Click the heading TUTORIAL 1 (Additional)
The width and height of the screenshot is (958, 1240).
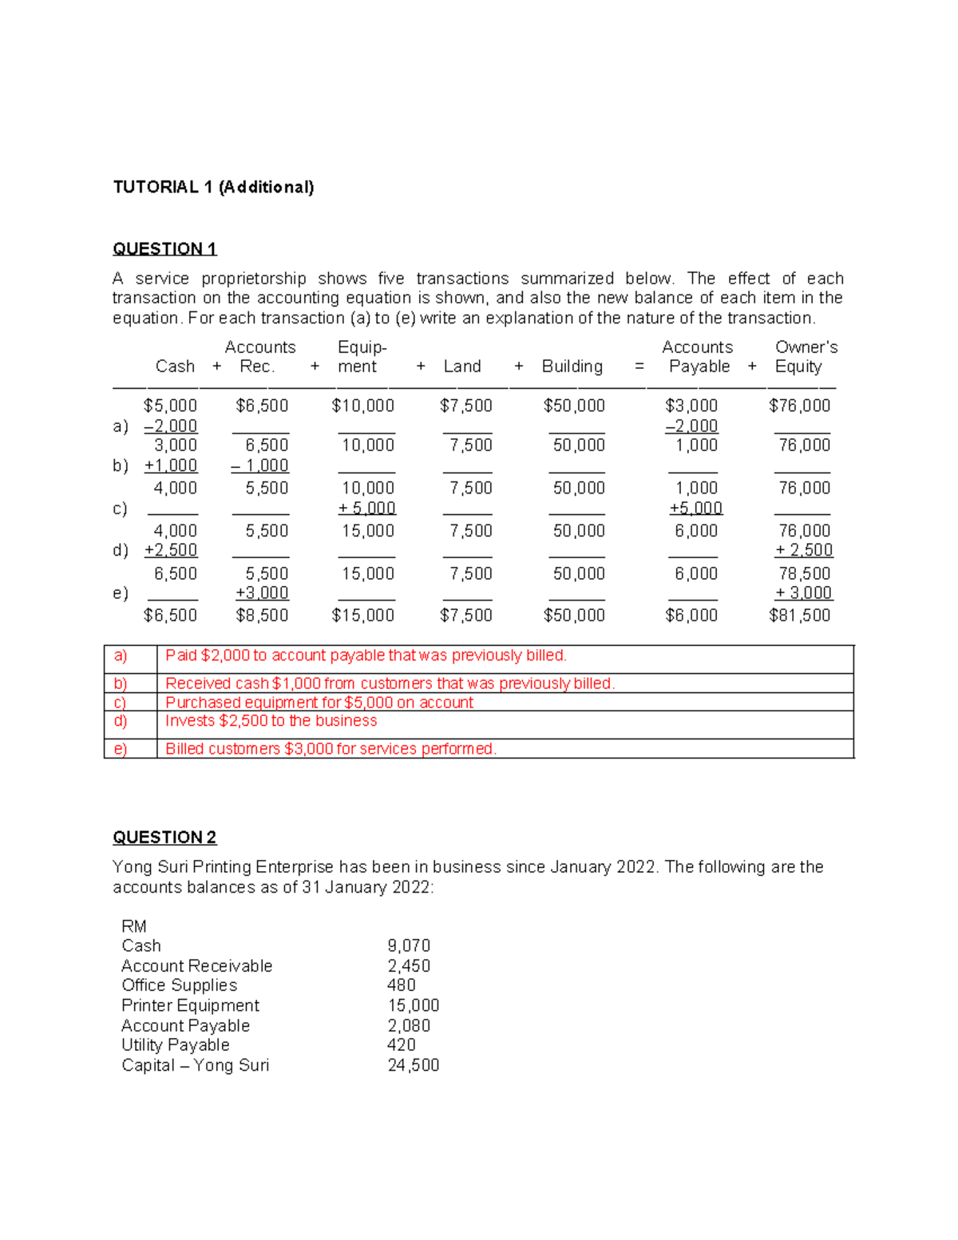click(x=213, y=187)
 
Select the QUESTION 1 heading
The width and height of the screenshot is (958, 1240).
click(x=164, y=248)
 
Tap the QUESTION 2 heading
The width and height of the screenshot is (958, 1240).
click(x=164, y=837)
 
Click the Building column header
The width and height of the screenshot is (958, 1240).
click(x=572, y=366)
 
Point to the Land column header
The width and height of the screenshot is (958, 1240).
click(x=462, y=366)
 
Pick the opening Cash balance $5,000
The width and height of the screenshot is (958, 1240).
click(x=170, y=406)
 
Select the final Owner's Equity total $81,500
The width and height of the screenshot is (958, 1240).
click(x=799, y=615)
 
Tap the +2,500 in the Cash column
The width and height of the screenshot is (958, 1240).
click(x=171, y=550)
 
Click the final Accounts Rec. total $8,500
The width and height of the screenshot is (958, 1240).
click(x=262, y=615)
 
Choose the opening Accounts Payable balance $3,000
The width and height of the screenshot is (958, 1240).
click(x=691, y=406)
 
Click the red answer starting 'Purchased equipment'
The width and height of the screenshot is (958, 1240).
click(x=319, y=703)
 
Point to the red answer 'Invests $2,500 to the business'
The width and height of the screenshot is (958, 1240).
click(x=271, y=721)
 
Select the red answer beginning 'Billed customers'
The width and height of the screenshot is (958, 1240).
click(x=331, y=749)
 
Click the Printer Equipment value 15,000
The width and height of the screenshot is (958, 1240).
click(x=414, y=1005)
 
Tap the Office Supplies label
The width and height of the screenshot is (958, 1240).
click(x=179, y=985)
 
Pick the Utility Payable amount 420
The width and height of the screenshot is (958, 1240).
click(x=401, y=1045)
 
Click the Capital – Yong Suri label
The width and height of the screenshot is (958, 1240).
click(x=195, y=1065)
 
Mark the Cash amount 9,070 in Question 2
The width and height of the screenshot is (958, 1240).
click(x=409, y=945)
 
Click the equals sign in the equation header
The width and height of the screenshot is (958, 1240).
click(x=639, y=366)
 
